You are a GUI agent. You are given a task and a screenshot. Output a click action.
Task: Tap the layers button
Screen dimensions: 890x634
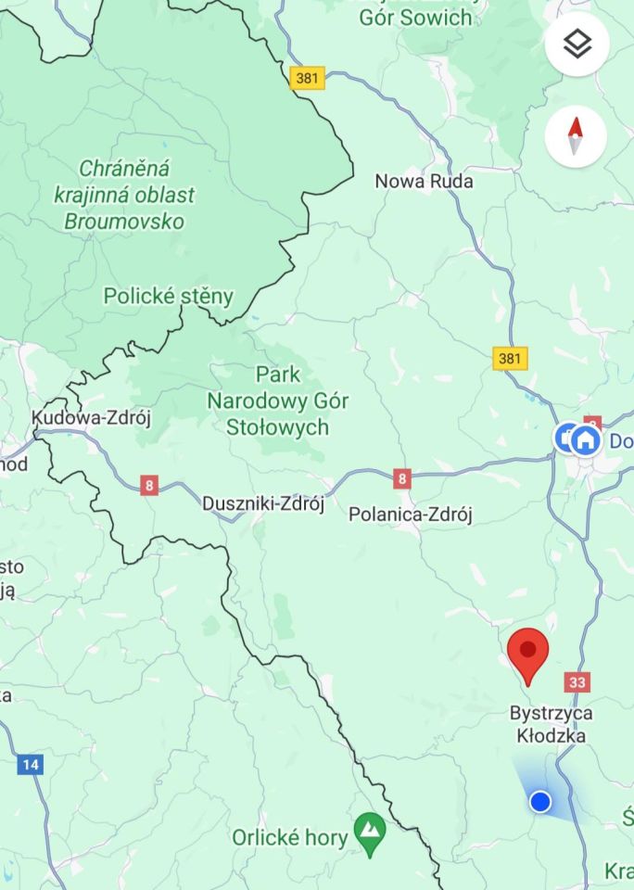click(577, 44)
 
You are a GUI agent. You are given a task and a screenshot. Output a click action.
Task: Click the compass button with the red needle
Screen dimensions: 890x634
click(576, 136)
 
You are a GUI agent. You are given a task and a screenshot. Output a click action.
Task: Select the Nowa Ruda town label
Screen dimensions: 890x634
click(424, 181)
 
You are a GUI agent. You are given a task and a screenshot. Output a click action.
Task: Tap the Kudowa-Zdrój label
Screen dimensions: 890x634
click(91, 418)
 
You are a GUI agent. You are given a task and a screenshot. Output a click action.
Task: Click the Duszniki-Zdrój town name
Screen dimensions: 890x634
click(263, 504)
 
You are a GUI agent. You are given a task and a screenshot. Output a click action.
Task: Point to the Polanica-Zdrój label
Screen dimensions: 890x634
click(410, 515)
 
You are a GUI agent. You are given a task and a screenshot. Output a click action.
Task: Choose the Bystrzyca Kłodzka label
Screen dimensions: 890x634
click(551, 724)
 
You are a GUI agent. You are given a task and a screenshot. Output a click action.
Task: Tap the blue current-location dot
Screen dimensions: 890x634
click(540, 801)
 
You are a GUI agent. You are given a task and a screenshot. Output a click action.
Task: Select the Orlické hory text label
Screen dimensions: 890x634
click(288, 837)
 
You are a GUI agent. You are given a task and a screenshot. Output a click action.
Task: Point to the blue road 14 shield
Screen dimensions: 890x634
click(30, 765)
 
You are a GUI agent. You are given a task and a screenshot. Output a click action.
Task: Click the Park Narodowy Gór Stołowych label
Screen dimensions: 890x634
click(278, 400)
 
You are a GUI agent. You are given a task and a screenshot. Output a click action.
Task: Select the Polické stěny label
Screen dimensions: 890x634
click(168, 297)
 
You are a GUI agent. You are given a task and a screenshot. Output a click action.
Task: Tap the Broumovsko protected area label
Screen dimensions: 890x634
click(125, 195)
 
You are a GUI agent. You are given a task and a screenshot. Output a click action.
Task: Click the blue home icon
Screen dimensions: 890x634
click(585, 439)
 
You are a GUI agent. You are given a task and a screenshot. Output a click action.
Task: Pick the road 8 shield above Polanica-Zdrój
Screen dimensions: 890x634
click(401, 478)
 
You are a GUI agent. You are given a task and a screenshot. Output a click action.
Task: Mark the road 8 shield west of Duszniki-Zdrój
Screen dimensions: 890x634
click(149, 485)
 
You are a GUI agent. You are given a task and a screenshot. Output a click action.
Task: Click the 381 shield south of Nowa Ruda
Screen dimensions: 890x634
click(510, 358)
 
